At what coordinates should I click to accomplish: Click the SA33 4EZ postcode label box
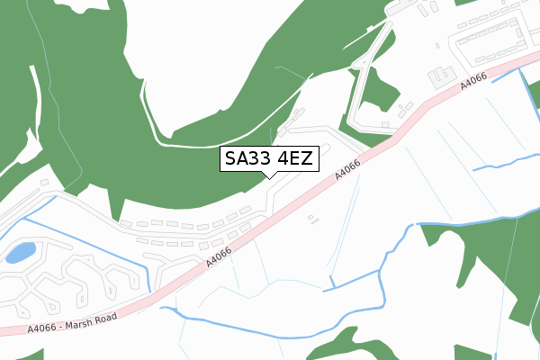coord(269,159)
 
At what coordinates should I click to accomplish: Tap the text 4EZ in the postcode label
coord(295,159)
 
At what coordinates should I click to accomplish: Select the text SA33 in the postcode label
coord(247,159)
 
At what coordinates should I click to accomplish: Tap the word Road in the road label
coord(104,315)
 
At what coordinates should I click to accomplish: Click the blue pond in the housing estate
coord(20,252)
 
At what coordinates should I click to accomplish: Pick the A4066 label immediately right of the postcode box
coord(347,167)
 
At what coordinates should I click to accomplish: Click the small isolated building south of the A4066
coord(312,218)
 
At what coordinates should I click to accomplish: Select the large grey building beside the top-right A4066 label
coord(442,75)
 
